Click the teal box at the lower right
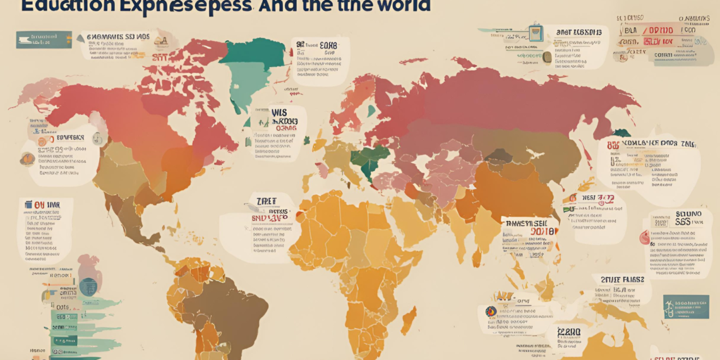pyautogui.click(x=686, y=306)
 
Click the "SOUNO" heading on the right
pyautogui.click(x=688, y=215)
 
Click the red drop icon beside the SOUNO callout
pyautogui.click(x=644, y=238)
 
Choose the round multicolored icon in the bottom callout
pyautogui.click(x=490, y=311)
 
